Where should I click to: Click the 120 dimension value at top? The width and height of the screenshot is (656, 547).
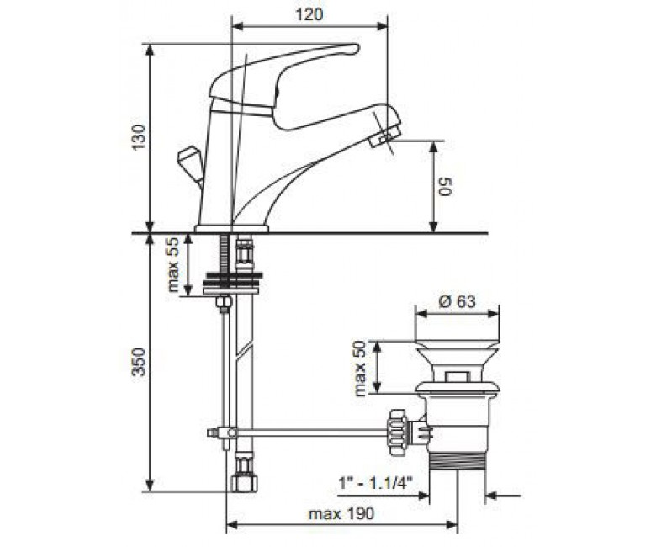tap(309, 14)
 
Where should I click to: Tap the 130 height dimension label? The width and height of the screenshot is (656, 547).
tap(139, 136)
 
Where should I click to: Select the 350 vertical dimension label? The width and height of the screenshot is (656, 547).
tap(139, 362)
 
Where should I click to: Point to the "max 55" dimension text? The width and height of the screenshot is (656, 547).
tap(172, 264)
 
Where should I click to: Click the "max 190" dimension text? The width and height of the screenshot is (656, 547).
tap(341, 513)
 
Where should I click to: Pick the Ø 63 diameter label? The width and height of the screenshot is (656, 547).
tap(457, 301)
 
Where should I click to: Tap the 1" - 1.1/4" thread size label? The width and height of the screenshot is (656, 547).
tap(376, 484)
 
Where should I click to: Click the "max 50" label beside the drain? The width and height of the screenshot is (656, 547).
tap(360, 369)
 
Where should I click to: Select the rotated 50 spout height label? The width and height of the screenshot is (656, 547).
tap(445, 187)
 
